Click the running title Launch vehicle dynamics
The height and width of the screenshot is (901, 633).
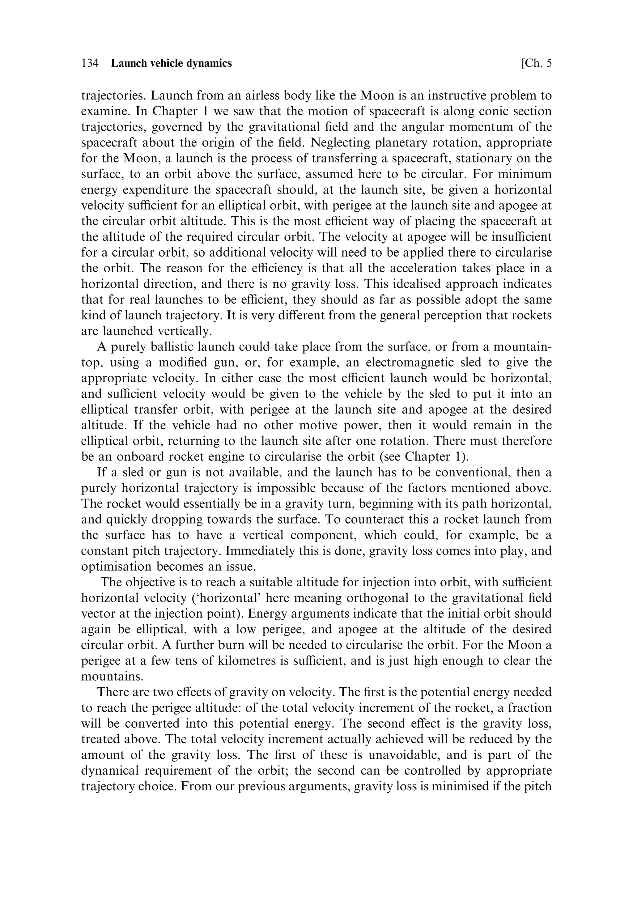click(171, 63)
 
